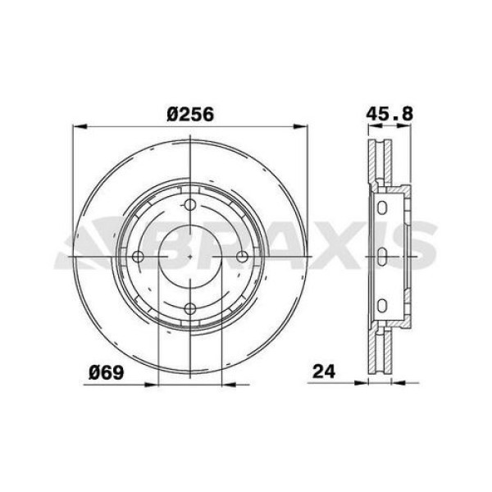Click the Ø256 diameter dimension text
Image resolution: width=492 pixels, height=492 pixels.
pyautogui.click(x=190, y=116)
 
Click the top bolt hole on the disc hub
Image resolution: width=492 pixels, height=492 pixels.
pyautogui.click(x=190, y=206)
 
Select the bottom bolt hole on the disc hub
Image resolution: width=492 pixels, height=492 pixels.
pyautogui.click(x=190, y=308)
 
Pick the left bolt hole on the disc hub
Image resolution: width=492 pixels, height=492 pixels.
pyautogui.click(x=139, y=257)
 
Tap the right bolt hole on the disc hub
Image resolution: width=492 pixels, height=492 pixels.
pyautogui.click(x=242, y=257)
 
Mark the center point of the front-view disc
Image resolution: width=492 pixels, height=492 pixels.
pyautogui.click(x=190, y=257)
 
